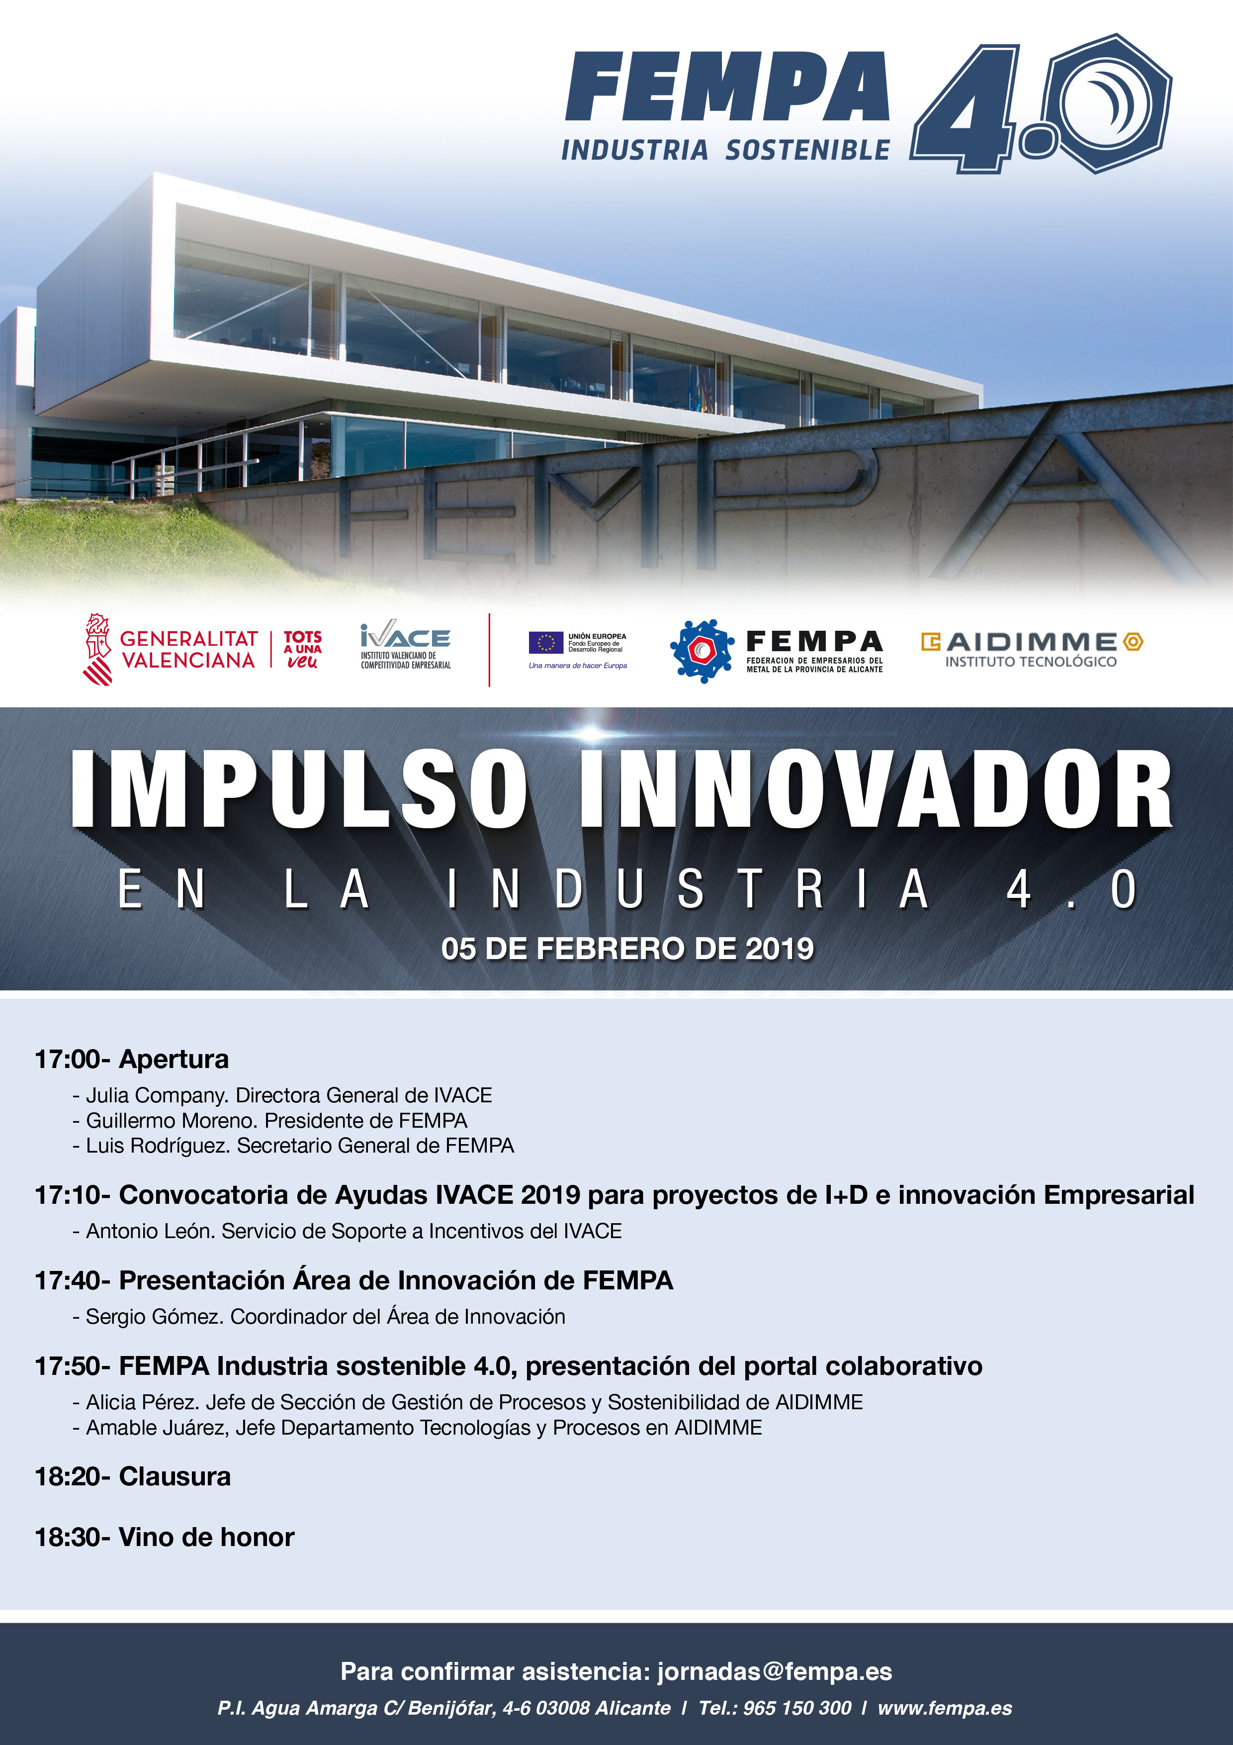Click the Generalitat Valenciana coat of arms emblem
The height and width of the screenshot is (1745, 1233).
(98, 650)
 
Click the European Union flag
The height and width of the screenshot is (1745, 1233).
(545, 643)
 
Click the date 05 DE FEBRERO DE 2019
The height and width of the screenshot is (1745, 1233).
(627, 949)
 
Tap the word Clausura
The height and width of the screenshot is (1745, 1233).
(175, 1476)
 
